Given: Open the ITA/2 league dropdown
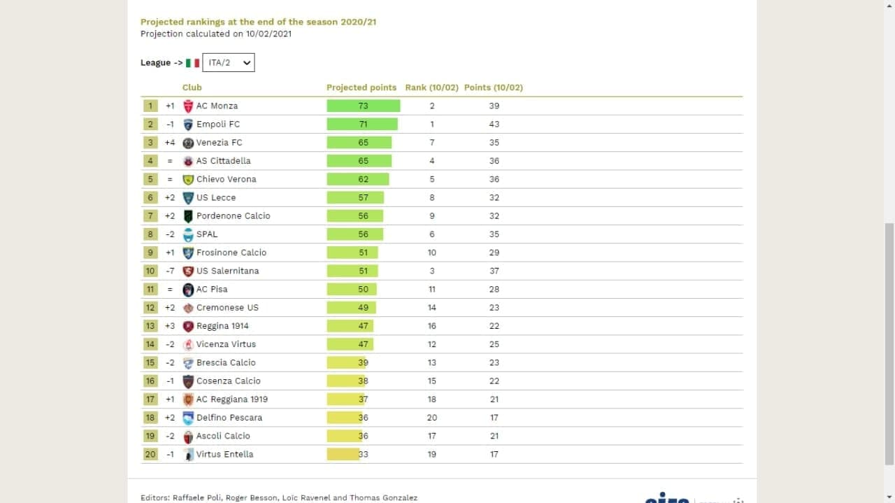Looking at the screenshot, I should point(229,63).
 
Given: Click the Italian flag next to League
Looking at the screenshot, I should point(193,63).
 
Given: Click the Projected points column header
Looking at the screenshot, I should point(361,87).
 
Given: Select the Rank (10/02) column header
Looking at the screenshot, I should point(431,87).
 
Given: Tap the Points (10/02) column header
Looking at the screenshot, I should point(494,87).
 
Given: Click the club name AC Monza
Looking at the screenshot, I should point(217,106).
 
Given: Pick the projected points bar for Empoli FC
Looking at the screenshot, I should point(362,124).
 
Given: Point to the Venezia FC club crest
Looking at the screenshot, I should point(188,143).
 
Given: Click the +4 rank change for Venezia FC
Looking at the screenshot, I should point(170,143).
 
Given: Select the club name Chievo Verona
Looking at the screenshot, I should point(226,179).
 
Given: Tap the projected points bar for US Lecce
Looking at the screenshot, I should point(355,197).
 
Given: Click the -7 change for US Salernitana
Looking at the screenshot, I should point(170,271).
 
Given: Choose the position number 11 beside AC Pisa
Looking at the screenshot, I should point(150,289).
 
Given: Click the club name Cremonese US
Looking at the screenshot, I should point(227,307).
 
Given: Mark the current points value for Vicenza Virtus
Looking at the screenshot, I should point(494,344).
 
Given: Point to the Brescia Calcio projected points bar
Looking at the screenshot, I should point(346,362).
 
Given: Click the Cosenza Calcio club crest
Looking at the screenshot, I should point(188,381).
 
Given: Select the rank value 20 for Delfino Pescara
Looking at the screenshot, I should point(432,418).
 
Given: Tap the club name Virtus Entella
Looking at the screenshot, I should point(224,454).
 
